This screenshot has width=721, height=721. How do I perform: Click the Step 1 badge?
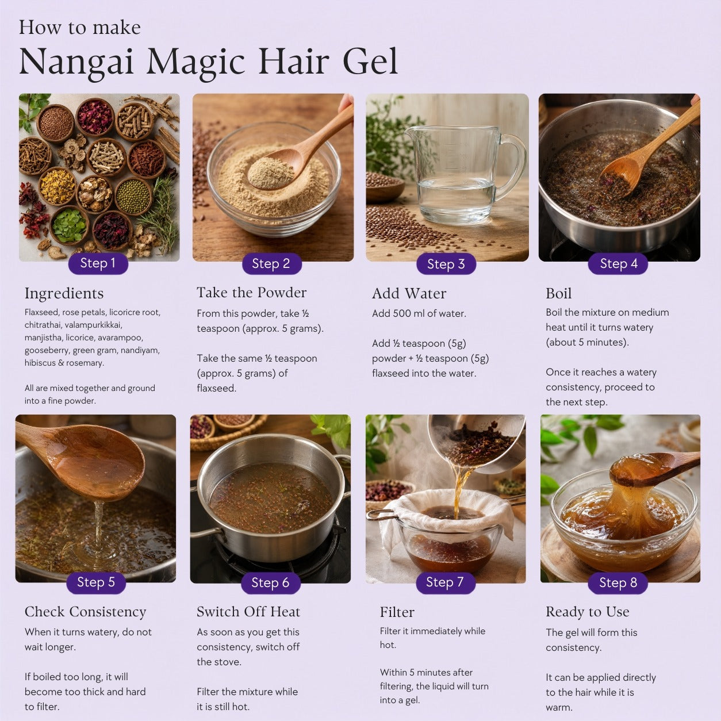click(x=98, y=263)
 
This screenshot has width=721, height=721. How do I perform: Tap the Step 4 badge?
click(x=618, y=264)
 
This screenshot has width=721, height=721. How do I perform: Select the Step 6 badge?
click(x=270, y=583)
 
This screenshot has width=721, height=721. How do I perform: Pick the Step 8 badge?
click(x=618, y=583)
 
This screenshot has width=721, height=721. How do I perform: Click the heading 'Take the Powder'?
click(x=251, y=293)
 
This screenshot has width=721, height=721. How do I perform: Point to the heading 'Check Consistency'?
click(x=85, y=612)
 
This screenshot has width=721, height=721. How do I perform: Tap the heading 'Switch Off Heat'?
click(x=248, y=612)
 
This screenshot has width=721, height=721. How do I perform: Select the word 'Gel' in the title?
click(x=370, y=60)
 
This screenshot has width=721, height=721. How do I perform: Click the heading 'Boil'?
click(x=559, y=294)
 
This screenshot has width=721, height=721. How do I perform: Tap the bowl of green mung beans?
click(x=133, y=196)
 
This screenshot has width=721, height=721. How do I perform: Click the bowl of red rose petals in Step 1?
click(x=95, y=117)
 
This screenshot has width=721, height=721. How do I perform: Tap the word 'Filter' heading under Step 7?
click(x=397, y=612)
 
